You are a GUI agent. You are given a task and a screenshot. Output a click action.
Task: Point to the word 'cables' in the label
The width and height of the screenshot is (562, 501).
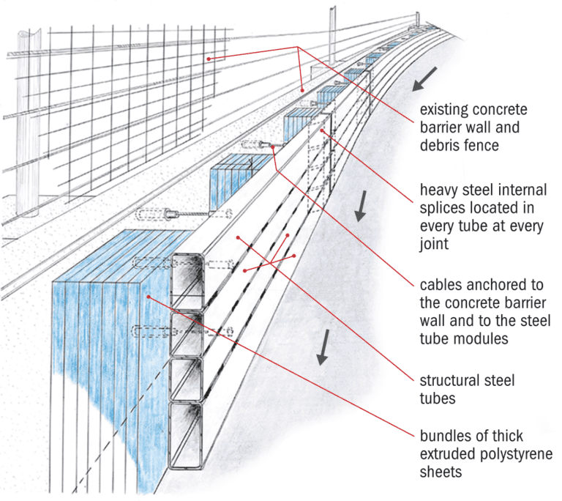tap(441, 283)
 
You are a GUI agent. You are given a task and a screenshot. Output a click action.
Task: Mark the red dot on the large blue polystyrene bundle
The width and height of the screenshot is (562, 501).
tap(149, 296)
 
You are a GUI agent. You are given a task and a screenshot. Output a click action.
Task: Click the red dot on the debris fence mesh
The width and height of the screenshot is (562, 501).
tap(208, 57)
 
